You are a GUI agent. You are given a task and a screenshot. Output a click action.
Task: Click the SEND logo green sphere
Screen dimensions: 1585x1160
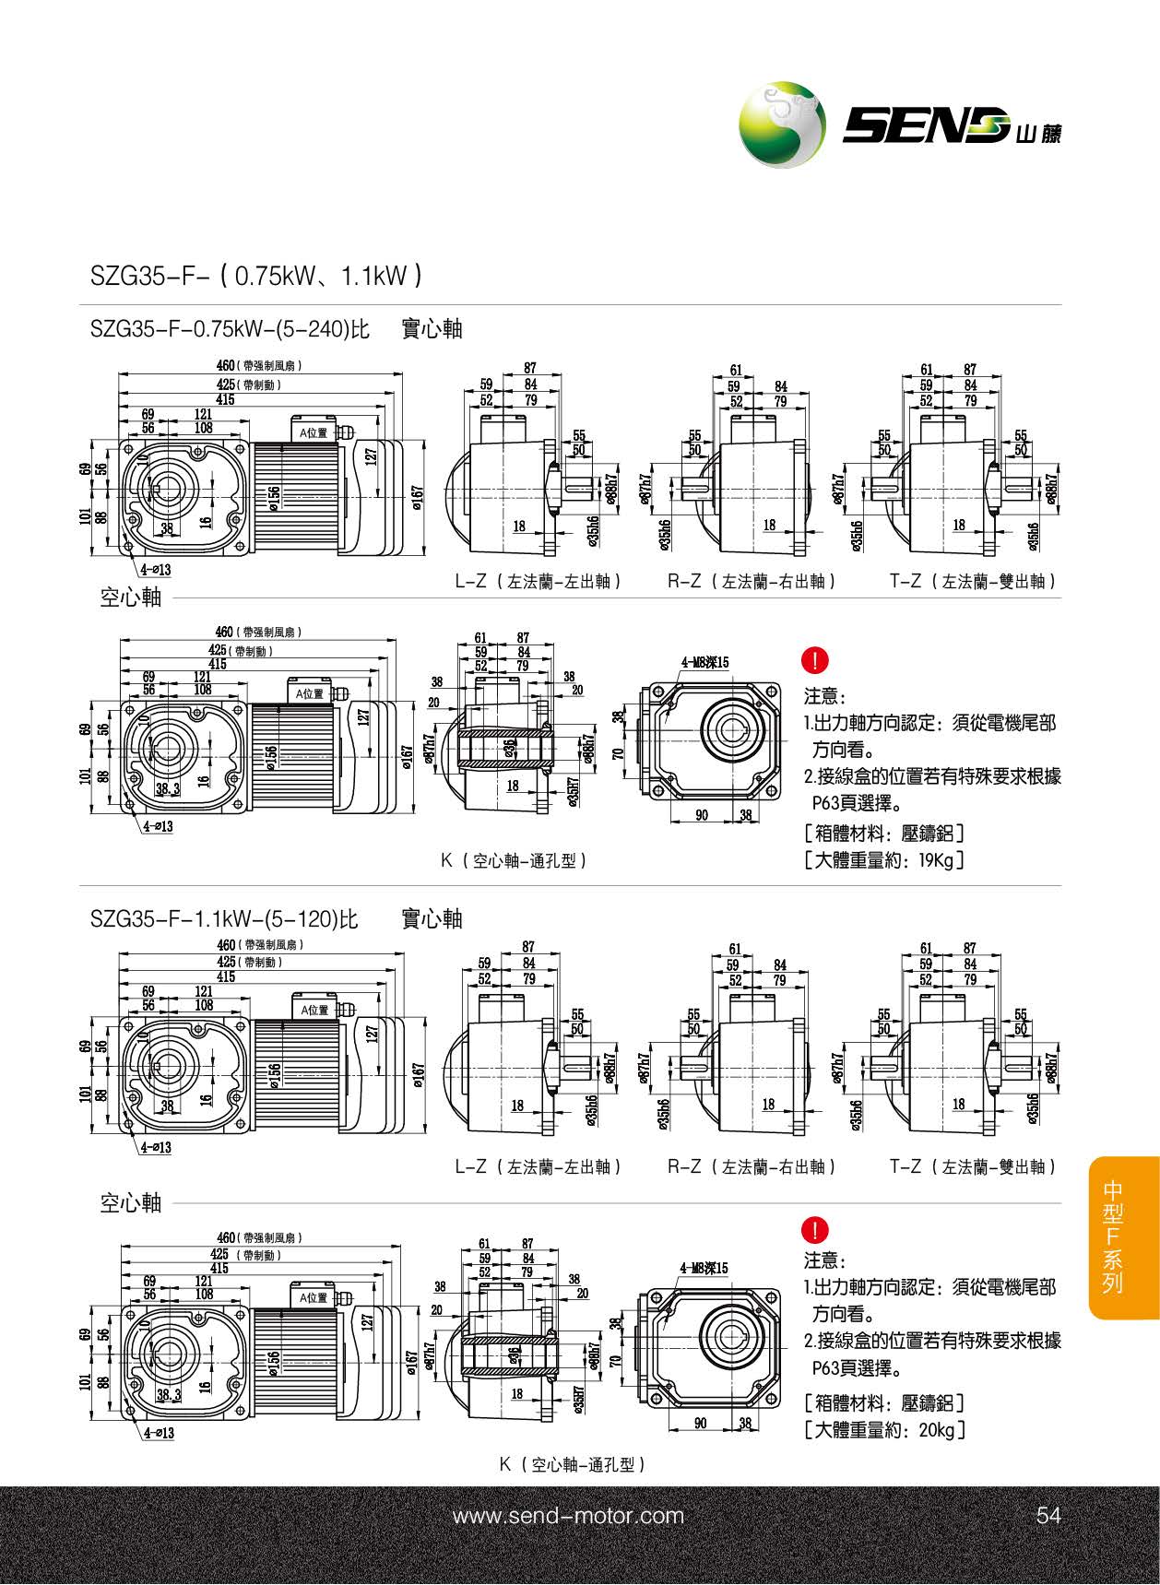pyautogui.click(x=782, y=124)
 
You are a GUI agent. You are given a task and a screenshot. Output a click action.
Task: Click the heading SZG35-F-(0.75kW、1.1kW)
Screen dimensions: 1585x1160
pyautogui.click(x=256, y=275)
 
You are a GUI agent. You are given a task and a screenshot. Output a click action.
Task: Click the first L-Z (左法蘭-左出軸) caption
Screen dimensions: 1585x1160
pyautogui.click(x=539, y=582)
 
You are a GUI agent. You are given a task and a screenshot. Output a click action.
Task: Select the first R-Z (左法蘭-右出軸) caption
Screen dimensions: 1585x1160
pyautogui.click(x=752, y=582)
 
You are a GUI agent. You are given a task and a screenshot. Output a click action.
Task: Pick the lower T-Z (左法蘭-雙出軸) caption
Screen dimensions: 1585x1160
pyautogui.click(x=973, y=1166)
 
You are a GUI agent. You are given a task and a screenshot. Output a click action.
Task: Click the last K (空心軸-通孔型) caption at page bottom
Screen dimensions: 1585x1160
pyautogui.click(x=571, y=1464)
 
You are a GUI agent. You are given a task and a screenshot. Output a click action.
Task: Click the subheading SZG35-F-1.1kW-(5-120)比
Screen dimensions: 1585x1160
pyautogui.click(x=224, y=918)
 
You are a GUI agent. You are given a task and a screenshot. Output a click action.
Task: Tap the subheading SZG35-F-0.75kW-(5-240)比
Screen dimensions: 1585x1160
pyautogui.click(x=230, y=329)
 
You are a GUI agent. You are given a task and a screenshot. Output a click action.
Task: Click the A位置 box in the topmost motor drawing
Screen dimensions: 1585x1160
pyautogui.click(x=314, y=432)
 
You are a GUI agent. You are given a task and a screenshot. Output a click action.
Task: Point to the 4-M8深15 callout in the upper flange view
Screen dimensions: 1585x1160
pyautogui.click(x=704, y=662)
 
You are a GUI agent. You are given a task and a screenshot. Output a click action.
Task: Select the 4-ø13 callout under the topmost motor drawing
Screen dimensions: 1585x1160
pyautogui.click(x=156, y=571)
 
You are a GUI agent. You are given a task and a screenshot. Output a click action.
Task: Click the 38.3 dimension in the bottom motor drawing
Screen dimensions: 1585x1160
pyautogui.click(x=168, y=1395)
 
